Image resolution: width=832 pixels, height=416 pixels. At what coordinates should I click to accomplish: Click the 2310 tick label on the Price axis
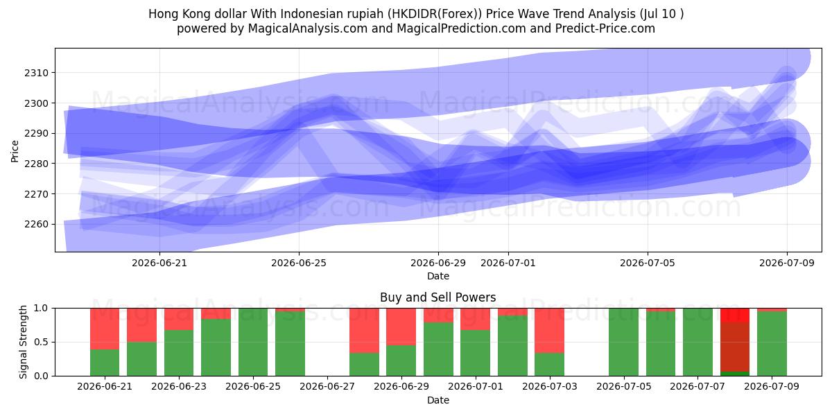tap(36, 73)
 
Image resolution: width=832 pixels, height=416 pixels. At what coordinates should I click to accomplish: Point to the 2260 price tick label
tap(36, 225)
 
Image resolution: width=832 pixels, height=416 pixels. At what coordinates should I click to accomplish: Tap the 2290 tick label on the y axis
tap(36, 133)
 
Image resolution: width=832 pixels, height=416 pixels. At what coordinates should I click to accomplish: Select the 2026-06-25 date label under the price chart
tap(299, 263)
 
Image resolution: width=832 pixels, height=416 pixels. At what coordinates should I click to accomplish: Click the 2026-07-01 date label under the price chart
tap(508, 263)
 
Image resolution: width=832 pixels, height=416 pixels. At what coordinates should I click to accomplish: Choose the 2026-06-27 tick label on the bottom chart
tap(327, 386)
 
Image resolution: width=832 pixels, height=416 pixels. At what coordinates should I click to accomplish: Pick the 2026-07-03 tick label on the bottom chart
tap(550, 386)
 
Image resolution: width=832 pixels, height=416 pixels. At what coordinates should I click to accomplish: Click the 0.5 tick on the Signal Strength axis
tap(41, 342)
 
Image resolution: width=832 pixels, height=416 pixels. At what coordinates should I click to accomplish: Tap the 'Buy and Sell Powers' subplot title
tap(438, 297)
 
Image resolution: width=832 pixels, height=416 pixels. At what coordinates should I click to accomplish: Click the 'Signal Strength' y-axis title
tap(23, 342)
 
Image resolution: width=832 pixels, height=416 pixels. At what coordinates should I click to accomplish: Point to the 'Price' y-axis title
tap(15, 151)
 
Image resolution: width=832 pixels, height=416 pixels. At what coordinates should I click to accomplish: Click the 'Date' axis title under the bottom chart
tap(438, 400)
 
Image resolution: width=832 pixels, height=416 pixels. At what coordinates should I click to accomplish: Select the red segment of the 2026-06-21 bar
tap(105, 329)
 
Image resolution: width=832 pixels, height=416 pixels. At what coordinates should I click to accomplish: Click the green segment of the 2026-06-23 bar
tap(179, 353)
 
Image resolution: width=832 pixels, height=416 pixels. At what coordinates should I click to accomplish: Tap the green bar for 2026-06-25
tap(253, 342)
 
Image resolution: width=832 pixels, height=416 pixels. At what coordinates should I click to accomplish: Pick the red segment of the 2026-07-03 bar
tap(549, 331)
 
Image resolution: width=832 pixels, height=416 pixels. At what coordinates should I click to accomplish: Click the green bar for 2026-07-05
tap(623, 342)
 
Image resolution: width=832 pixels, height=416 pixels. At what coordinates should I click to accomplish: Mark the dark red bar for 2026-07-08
tap(735, 347)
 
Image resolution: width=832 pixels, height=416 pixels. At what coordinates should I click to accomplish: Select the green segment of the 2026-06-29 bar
tap(401, 361)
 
